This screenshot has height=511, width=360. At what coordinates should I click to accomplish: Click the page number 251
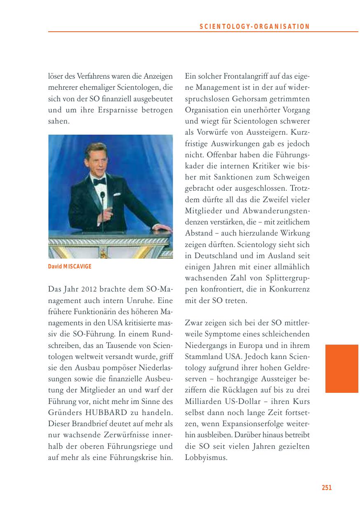pyautogui.click(x=326, y=488)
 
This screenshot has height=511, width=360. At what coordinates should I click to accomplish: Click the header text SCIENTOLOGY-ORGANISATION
pyautogui.click(x=255, y=27)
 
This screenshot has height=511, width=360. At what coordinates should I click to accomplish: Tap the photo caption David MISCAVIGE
pyautogui.click(x=70, y=266)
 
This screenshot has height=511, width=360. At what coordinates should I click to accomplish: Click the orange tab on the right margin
pyautogui.click(x=341, y=369)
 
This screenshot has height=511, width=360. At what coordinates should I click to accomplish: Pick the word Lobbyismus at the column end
pyautogui.click(x=206, y=457)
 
